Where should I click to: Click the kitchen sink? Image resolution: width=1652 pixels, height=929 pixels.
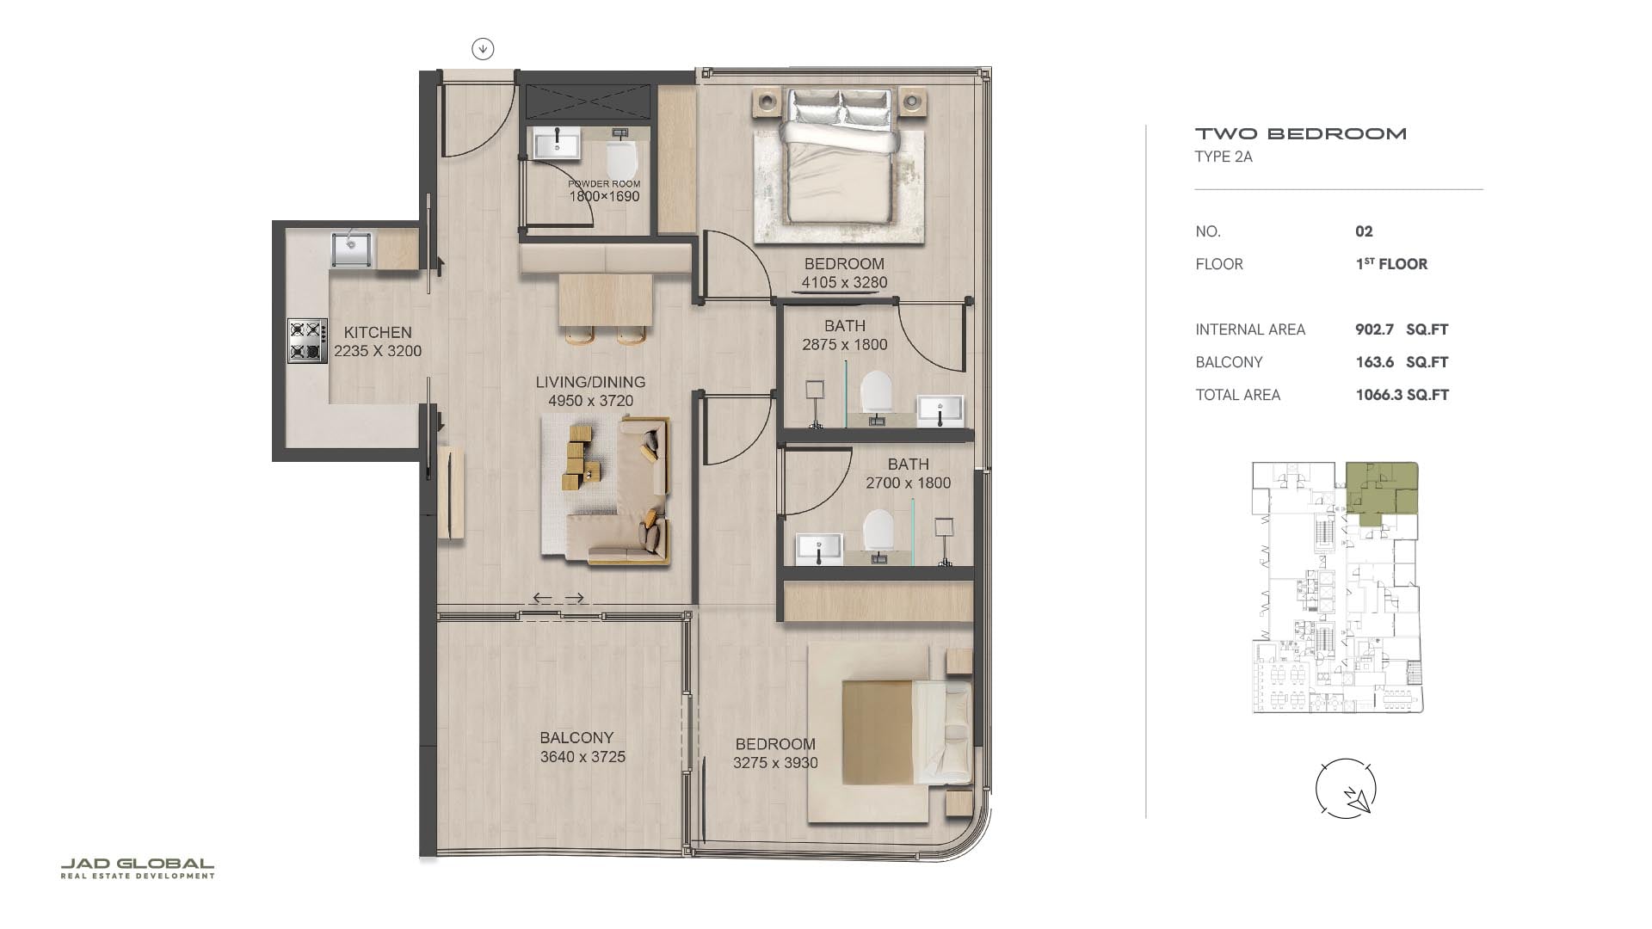click(352, 249)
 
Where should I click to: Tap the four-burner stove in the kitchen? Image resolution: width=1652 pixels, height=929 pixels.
click(307, 341)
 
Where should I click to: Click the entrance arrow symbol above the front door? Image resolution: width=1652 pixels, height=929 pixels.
click(483, 49)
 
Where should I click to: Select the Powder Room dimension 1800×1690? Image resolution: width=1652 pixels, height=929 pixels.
click(604, 196)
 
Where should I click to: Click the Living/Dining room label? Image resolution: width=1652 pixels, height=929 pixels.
click(590, 382)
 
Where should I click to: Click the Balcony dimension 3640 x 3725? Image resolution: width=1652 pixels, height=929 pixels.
click(583, 757)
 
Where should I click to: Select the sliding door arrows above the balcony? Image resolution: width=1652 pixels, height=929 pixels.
click(558, 598)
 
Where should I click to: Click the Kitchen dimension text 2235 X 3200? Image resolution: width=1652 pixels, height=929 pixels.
click(378, 351)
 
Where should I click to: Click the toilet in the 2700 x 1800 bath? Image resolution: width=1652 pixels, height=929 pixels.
click(878, 529)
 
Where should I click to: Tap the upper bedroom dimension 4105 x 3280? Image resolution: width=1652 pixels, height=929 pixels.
click(844, 282)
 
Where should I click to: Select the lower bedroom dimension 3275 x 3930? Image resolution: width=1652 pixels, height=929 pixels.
click(775, 763)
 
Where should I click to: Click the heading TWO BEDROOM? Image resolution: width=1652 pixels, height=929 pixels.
click(1301, 133)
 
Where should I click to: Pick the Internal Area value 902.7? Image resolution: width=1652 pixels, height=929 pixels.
click(1374, 329)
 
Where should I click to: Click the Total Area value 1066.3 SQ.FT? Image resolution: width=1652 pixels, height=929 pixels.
click(1402, 395)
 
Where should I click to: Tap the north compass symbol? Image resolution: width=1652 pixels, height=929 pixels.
click(1346, 788)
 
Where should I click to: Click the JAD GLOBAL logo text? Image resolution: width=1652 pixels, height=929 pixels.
click(138, 864)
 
